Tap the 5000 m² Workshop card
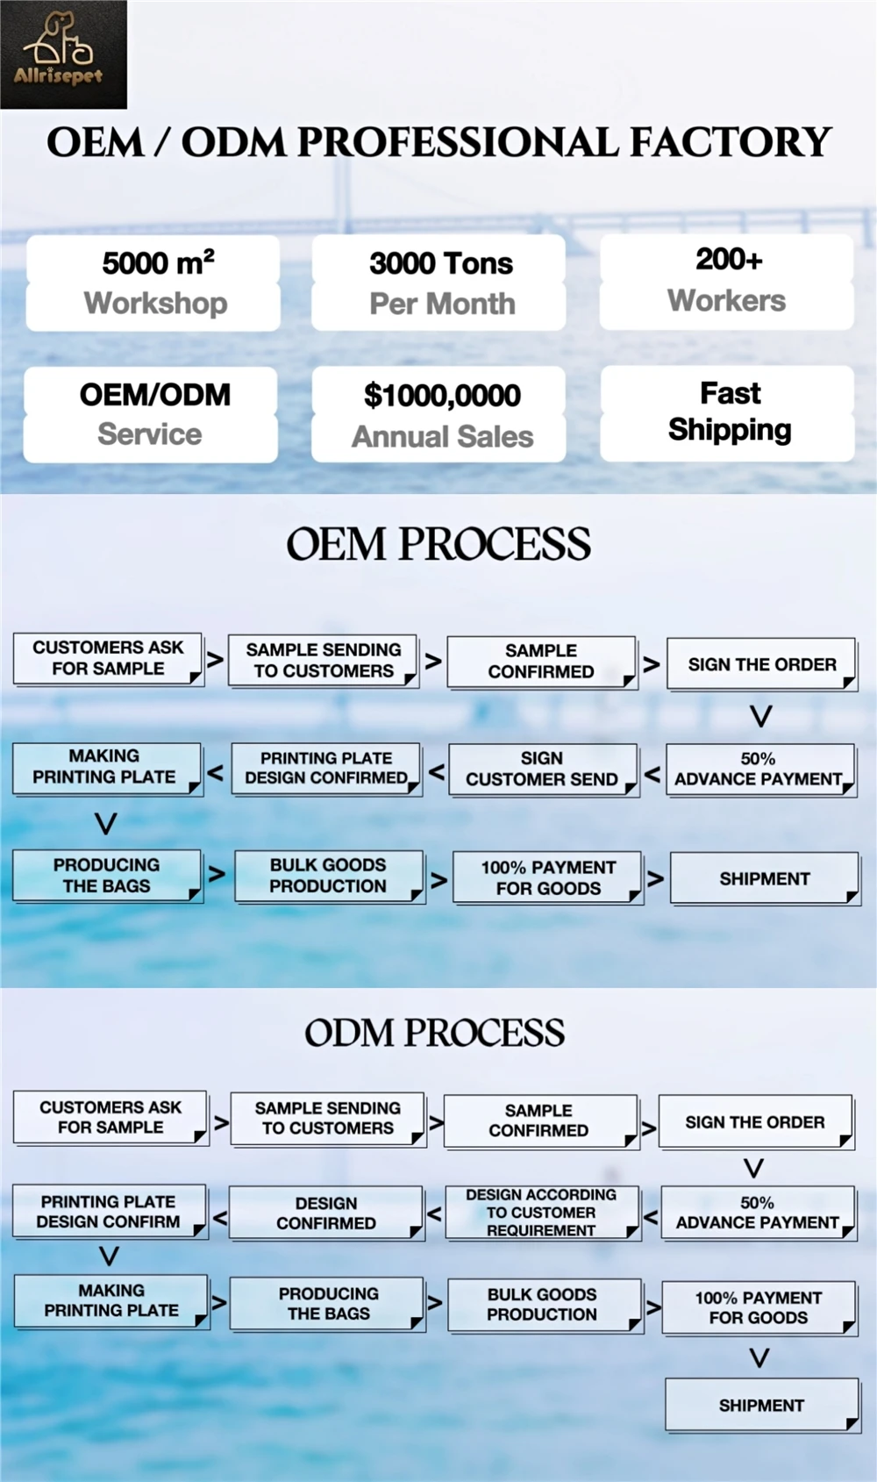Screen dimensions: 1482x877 154,283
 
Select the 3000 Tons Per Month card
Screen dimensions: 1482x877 439,283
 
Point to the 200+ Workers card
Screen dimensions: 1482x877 727,281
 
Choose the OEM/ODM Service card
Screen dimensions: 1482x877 152,414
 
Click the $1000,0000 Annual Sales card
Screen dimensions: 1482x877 440,415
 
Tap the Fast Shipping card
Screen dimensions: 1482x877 728,412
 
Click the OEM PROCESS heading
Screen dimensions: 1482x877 438,544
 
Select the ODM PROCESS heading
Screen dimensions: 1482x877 435,1033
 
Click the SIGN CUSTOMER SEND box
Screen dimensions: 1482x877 542,770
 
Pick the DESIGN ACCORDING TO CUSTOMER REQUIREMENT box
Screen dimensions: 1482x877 542,1213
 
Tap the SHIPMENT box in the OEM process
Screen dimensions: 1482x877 764,878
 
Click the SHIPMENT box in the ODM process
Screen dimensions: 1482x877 761,1405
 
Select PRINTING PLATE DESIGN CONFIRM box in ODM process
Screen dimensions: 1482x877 109,1212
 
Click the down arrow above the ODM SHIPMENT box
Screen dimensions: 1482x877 759,1358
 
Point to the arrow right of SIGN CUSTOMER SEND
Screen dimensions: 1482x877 652,774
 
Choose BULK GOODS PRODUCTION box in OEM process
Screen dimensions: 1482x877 328,876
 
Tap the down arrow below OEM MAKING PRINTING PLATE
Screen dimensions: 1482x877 105,823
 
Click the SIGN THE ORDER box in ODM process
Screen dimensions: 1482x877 755,1122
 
